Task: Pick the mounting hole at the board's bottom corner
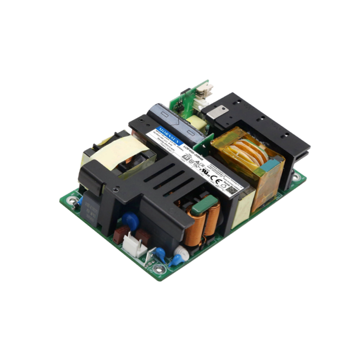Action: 157,269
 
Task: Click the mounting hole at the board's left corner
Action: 70,203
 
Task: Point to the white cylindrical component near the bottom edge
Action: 181,252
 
